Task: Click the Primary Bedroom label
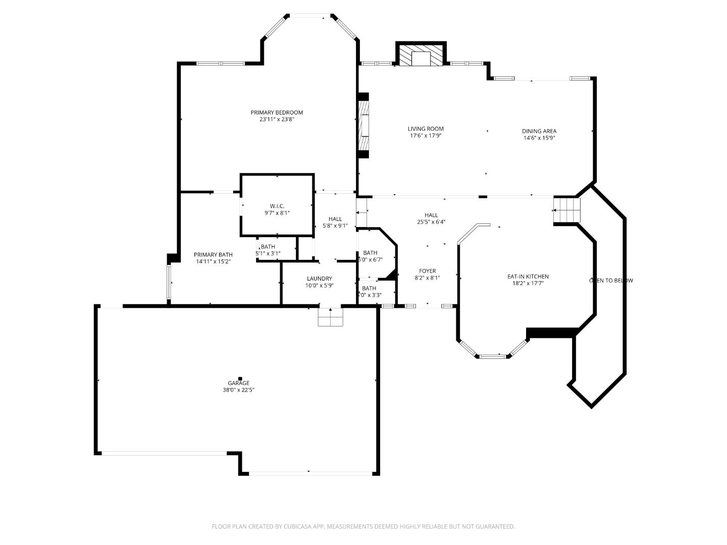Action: click(277, 113)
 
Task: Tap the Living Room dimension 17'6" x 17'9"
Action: click(426, 136)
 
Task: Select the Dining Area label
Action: click(539, 131)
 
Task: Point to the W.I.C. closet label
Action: click(277, 206)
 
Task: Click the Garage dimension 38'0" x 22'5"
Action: click(238, 390)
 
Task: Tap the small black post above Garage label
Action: click(240, 378)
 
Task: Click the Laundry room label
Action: click(319, 279)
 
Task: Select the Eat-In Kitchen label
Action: click(528, 277)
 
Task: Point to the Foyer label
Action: click(427, 271)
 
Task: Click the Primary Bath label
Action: click(213, 255)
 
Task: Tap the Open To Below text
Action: click(611, 281)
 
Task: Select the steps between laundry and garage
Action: click(330, 317)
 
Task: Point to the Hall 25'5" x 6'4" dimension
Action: click(431, 222)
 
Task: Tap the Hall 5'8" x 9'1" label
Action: click(335, 219)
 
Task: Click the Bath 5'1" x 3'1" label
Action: click(268, 247)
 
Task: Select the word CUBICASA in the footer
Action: click(297, 526)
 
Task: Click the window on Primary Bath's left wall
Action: click(170, 283)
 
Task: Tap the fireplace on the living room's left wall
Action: click(363, 125)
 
